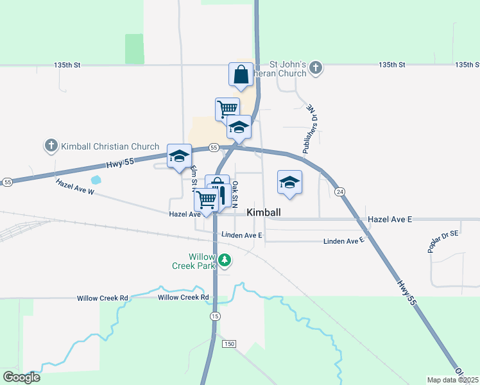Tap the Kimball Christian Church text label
click(110, 146)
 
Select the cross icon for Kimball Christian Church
click(51, 146)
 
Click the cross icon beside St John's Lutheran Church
click(315, 67)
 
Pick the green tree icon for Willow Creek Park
click(224, 260)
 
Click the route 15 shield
click(215, 317)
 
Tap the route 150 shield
click(229, 345)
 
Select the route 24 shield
click(340, 191)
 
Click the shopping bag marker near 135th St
click(241, 74)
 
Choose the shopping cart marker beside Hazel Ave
click(206, 200)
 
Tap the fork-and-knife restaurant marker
click(222, 194)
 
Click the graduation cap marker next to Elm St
click(179, 156)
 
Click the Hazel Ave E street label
click(390, 219)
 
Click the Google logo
click(21, 377)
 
